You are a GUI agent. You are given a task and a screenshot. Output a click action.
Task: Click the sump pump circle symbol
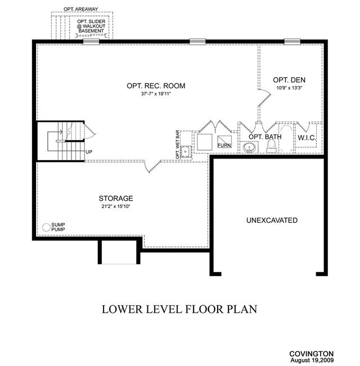click(46, 227)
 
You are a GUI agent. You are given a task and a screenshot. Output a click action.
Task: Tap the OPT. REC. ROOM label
click(156, 86)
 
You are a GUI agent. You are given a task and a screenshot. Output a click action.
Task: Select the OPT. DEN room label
click(289, 80)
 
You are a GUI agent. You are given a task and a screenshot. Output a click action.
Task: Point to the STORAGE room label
click(116, 198)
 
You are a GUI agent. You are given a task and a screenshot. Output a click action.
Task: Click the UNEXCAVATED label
click(272, 220)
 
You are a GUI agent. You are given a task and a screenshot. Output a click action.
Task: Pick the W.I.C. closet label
click(307, 138)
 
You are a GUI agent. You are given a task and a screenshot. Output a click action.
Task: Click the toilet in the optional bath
click(271, 146)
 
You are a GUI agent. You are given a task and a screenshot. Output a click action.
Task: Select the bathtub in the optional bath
click(286, 139)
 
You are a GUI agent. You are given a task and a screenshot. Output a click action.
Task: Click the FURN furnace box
click(224, 142)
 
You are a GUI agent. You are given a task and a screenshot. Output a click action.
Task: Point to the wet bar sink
click(186, 151)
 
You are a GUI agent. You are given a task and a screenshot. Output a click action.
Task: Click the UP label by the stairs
click(89, 152)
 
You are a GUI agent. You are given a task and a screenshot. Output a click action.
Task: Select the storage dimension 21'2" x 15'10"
click(116, 206)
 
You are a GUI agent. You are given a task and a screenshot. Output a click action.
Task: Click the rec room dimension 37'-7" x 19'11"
click(156, 94)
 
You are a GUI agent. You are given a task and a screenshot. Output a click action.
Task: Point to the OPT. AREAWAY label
click(81, 9)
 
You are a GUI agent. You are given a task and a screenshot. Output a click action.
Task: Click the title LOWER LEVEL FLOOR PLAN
click(179, 309)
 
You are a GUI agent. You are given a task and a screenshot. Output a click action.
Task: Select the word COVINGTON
click(312, 354)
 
